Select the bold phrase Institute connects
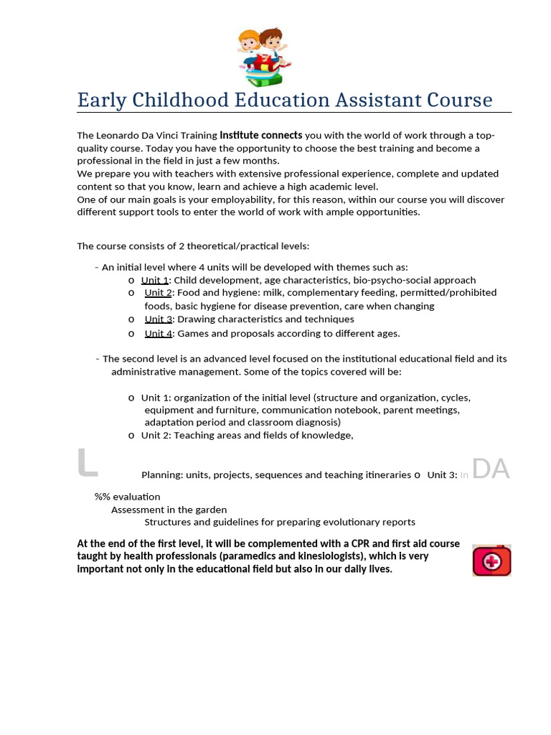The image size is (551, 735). point(261,135)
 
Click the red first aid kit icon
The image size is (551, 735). point(491,561)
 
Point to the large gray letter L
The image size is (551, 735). point(87,464)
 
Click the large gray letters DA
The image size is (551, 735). point(491,469)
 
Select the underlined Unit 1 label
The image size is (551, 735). point(155,280)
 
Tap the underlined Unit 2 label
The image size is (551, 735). point(158,293)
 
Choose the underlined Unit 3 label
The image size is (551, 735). point(158,319)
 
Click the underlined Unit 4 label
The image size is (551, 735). point(158,333)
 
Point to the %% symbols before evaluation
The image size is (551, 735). point(103,497)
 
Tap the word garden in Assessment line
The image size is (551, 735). point(211,510)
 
